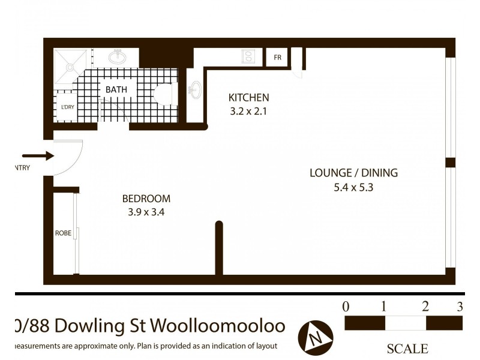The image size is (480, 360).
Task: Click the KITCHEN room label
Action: coord(248,97)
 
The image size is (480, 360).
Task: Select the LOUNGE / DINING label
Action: coord(353,173)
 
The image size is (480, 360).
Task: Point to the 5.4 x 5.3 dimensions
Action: coord(353,187)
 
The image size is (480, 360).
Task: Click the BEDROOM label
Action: coord(146,199)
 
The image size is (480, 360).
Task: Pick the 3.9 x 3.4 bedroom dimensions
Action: coord(146,211)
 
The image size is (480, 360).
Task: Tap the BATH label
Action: coord(116,89)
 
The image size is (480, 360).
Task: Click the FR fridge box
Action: coord(277,57)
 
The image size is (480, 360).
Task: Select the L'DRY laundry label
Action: coord(67,107)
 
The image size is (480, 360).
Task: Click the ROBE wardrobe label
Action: coord(63,233)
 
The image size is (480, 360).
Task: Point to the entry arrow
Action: coord(38,156)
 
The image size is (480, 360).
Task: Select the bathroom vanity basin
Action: coord(118,57)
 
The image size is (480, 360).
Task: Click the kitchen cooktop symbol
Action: coord(248,56)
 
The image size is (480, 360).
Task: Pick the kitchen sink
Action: coord(194,91)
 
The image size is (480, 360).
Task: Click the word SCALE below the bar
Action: coord(407,349)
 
